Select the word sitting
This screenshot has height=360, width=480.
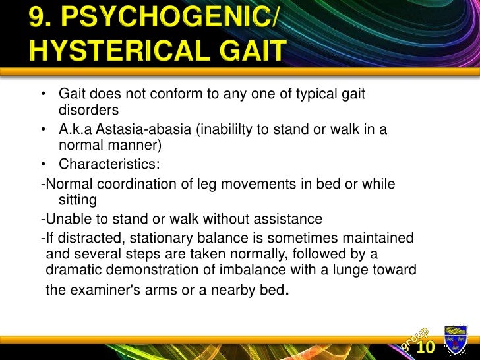pyautogui.click(x=78, y=199)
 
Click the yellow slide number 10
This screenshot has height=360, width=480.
pyautogui.click(x=425, y=347)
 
